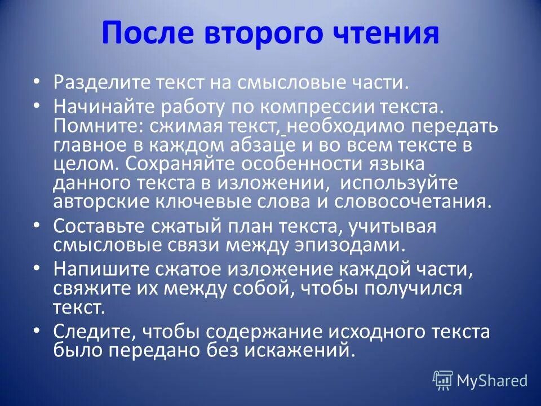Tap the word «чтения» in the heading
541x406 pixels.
[381, 33]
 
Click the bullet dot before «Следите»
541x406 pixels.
[37, 330]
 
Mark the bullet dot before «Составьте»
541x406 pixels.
[37, 225]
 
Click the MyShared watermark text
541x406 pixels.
[491, 381]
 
